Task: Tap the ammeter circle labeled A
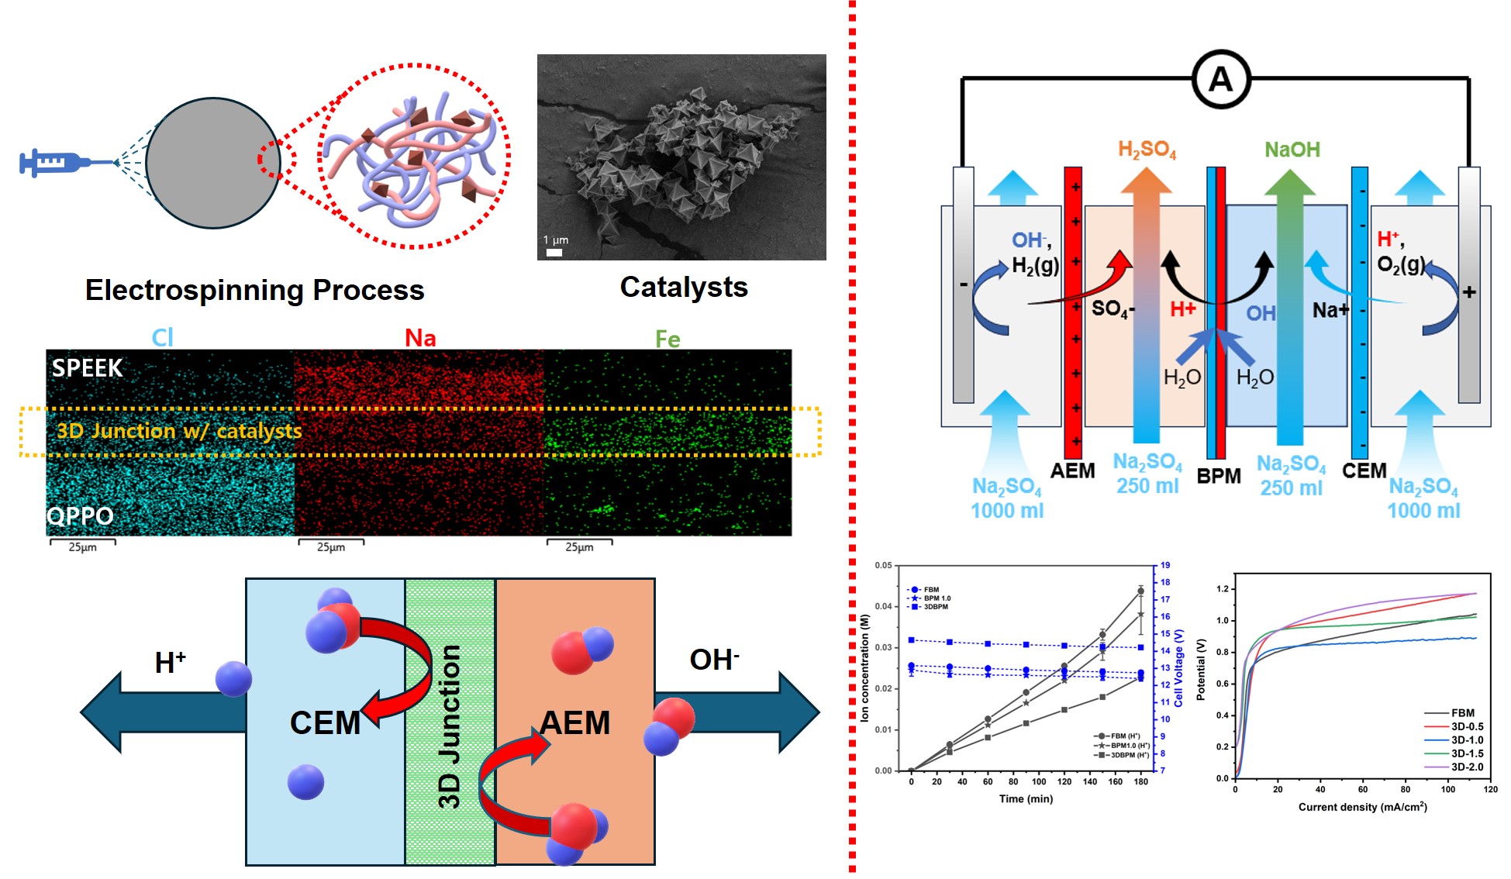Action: pos(1220,80)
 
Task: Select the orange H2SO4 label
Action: pos(1147,150)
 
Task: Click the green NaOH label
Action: pos(1292,150)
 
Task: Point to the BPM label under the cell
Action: pos(1219,476)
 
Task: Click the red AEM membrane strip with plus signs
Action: pos(1073,310)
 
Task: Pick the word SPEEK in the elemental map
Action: pos(87,368)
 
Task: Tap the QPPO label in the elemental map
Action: pos(81,515)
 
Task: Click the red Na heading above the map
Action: pos(420,338)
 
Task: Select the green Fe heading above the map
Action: pos(668,339)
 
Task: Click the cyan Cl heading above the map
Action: pos(162,337)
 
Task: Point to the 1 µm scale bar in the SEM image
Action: pos(554,252)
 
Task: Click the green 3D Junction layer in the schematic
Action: pos(450,721)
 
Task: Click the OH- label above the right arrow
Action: pos(714,660)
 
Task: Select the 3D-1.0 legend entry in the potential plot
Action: pos(1467,740)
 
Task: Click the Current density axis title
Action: pos(1362,807)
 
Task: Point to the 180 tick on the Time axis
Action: pos(1140,781)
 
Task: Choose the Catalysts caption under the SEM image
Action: pos(684,288)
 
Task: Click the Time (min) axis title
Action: pos(1026,798)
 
